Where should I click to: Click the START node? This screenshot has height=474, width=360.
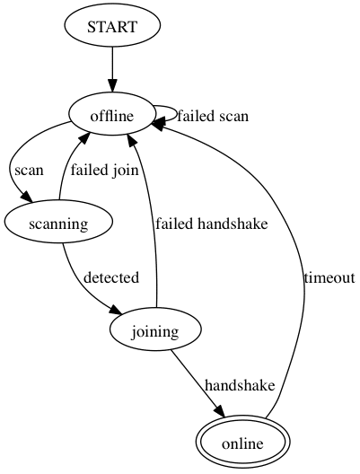coord(112,26)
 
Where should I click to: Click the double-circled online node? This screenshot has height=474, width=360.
coord(242,443)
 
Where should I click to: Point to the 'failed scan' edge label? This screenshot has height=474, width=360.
coord(213,116)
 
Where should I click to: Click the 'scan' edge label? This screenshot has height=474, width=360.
coord(29,171)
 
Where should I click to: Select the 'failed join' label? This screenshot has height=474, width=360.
coord(104,170)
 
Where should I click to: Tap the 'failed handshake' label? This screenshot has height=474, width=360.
coord(212,224)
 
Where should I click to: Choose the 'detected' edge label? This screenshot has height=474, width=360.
coord(111,277)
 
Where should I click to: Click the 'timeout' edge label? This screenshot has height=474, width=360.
coord(329,277)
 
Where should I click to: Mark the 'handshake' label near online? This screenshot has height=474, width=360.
coord(240,385)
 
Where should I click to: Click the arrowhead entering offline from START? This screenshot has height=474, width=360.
coord(112,86)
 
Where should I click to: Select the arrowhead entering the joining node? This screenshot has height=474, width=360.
coord(116,311)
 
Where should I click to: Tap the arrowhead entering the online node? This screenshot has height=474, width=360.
coord(220,411)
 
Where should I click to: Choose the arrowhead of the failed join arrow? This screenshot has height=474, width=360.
coord(85,140)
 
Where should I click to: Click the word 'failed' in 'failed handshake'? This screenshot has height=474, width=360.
coord(174,224)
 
